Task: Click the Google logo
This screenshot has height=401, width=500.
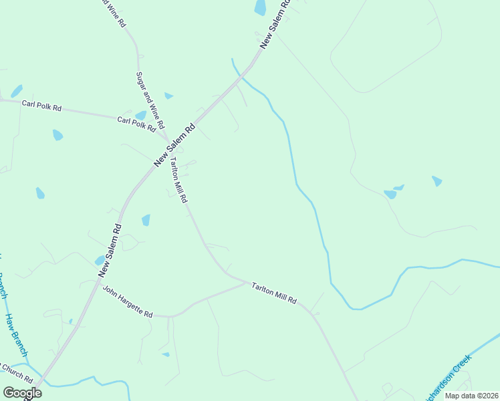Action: [x=22, y=393]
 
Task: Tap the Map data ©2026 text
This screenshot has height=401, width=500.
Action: [x=471, y=396]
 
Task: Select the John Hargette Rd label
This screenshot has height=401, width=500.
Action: [x=128, y=302]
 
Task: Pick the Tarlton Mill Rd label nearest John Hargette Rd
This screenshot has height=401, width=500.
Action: [x=274, y=293]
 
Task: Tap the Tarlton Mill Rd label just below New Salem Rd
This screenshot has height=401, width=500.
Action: [x=178, y=181]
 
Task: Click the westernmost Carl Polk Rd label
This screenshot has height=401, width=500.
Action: [x=41, y=105]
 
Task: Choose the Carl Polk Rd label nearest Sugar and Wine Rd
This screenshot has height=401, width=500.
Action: [x=140, y=124]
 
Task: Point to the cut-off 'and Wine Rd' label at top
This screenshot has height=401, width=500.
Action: [x=114, y=13]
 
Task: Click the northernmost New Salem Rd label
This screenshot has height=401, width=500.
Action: [x=275, y=23]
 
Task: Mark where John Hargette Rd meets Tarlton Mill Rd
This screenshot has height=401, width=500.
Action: [x=246, y=283]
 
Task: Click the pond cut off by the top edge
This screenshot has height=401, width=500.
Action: [x=260, y=7]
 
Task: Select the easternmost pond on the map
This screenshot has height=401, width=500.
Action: [x=436, y=180]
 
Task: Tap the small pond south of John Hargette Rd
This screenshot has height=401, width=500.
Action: [x=165, y=354]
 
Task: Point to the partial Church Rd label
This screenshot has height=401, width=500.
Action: [x=13, y=368]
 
